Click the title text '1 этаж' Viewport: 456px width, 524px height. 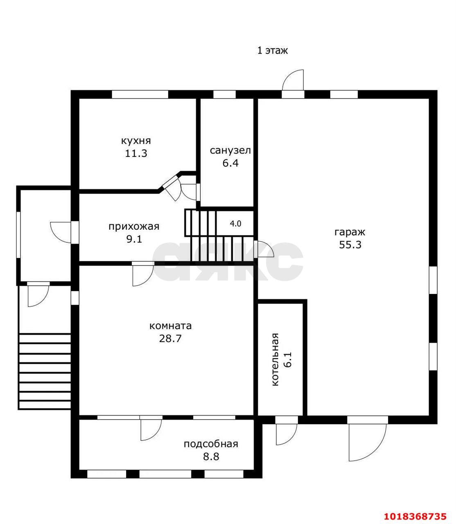click(273, 50)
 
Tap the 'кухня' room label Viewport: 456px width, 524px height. click(136, 141)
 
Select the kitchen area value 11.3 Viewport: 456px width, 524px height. click(136, 154)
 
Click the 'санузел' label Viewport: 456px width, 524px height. click(230, 151)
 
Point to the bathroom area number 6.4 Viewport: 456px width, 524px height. click(230, 163)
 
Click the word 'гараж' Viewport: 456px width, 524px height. click(350, 232)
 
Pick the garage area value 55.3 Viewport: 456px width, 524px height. click(350, 245)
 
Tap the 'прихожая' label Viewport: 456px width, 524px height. click(134, 227)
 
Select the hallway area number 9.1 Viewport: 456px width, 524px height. click(134, 239)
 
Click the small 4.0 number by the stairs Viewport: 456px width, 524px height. click(235, 224)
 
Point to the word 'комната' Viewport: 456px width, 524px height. click(170, 326)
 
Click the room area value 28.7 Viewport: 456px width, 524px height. click(170, 339)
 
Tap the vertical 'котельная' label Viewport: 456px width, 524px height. click(275, 359)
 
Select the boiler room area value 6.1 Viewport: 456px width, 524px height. click(287, 359)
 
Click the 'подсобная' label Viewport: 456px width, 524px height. click(211, 444)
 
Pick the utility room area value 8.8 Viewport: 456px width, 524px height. click(211, 456)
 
